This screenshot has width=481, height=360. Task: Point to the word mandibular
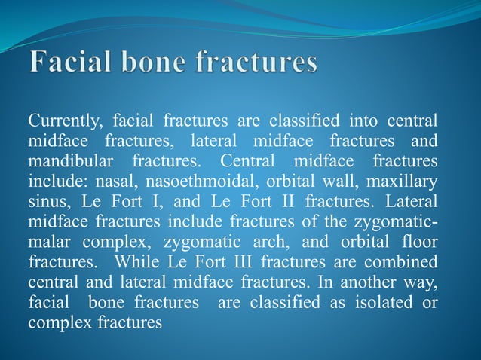click(x=69, y=162)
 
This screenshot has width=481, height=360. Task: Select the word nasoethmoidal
click(x=172, y=182)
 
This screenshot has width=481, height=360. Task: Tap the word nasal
click(x=101, y=182)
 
